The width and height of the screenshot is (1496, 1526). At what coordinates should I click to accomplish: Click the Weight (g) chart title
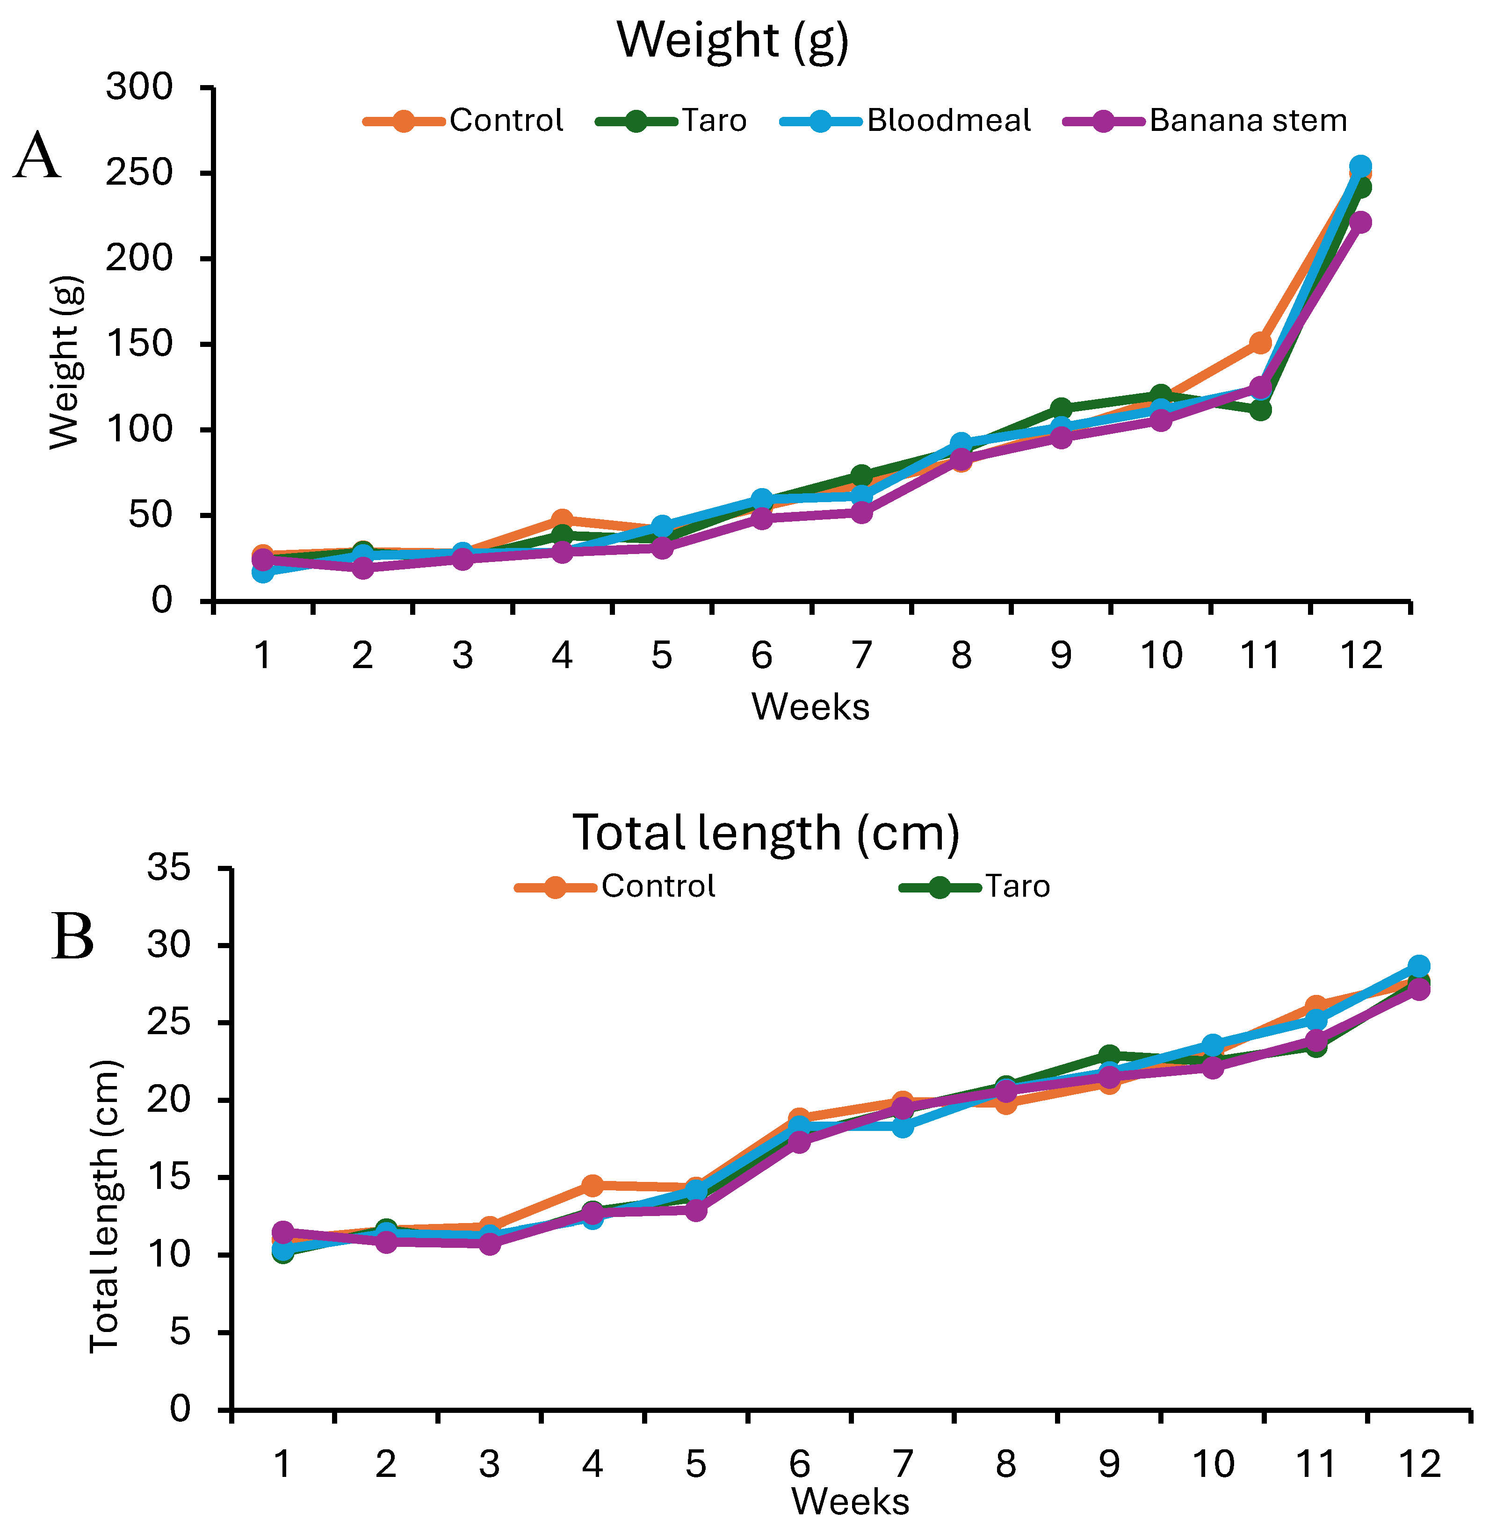coord(733,40)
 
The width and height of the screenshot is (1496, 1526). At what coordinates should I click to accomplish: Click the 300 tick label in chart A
coord(139,87)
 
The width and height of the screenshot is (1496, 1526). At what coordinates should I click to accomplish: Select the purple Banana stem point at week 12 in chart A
coord(1361,222)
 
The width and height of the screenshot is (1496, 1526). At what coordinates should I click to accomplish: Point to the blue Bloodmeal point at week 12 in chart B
coord(1418,966)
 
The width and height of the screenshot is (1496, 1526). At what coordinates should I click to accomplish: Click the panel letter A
coord(37,157)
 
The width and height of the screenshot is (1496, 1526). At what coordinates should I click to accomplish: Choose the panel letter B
coord(72,937)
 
